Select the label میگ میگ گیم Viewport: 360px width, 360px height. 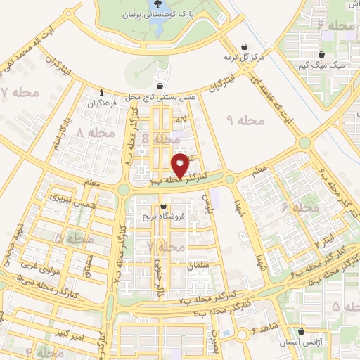323,65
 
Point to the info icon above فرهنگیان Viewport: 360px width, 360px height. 103,92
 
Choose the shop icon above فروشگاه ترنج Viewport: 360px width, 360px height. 163,207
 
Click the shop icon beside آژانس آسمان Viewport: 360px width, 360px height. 301,332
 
